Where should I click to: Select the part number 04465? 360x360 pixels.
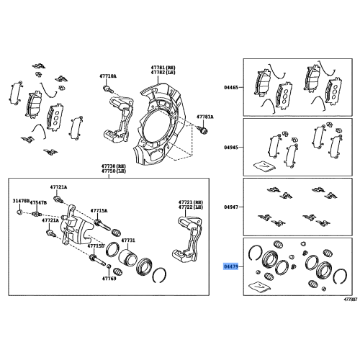[230, 87]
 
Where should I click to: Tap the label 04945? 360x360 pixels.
[230, 147]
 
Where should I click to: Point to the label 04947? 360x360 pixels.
[230, 207]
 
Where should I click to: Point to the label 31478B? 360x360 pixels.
[21, 201]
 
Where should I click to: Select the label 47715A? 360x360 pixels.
[99, 211]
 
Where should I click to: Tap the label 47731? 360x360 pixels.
[128, 240]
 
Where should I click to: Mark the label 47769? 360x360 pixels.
[109, 277]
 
